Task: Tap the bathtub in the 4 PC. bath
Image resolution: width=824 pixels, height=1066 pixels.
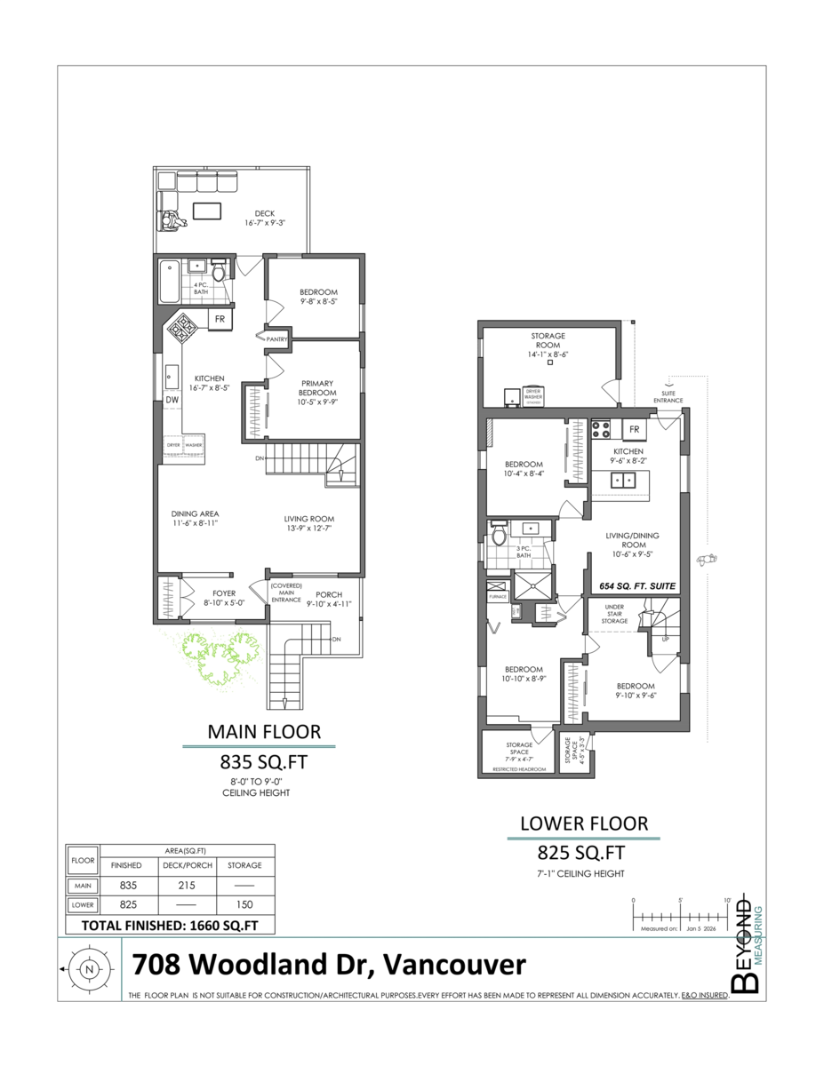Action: (x=169, y=284)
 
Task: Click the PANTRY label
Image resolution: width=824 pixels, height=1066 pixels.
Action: (x=276, y=338)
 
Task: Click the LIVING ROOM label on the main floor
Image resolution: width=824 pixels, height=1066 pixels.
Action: (x=308, y=524)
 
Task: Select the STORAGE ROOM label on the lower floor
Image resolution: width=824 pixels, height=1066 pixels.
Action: (x=548, y=341)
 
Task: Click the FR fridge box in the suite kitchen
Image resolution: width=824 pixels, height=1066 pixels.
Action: (x=635, y=429)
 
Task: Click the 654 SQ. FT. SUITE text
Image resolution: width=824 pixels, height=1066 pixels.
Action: (x=636, y=586)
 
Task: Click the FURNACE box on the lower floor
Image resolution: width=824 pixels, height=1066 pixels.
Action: (x=497, y=596)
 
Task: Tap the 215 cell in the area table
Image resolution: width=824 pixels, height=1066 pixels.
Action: (x=187, y=886)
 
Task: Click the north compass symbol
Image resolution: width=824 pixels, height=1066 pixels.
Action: (x=88, y=969)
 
